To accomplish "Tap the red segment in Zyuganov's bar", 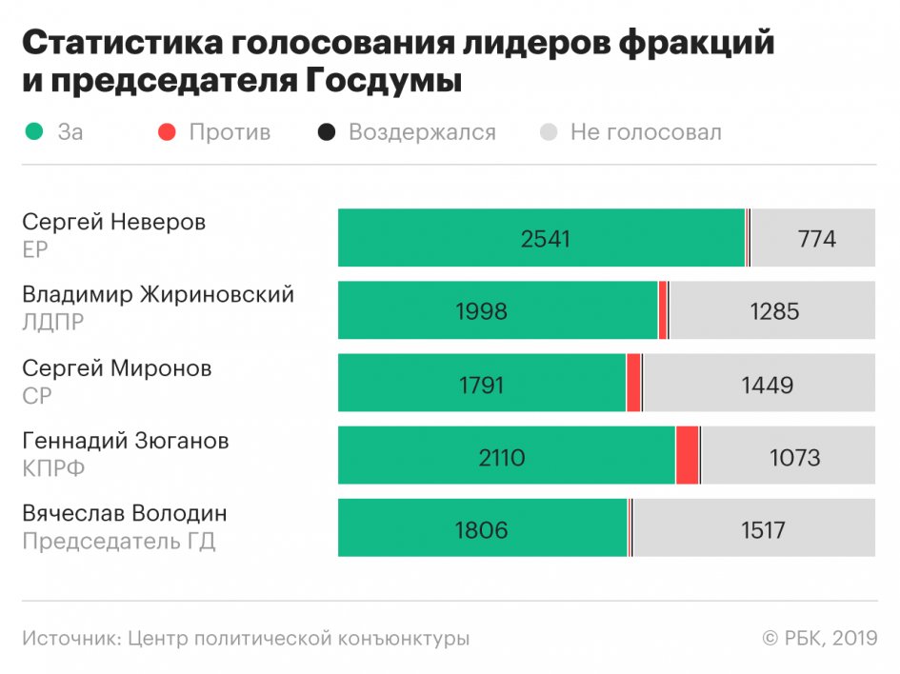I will tap(687, 456).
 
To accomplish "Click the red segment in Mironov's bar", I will tap(633, 383).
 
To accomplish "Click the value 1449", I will tap(767, 385).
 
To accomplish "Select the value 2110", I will tap(502, 458).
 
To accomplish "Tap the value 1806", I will tap(482, 530).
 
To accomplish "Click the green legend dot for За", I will tap(34, 132).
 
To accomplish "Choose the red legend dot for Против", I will tap(168, 132).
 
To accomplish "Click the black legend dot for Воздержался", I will tap(327, 132).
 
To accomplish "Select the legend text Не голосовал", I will tap(646, 132).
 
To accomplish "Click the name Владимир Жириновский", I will tap(158, 294).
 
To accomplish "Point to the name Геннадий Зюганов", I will tap(126, 441).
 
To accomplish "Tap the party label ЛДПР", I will tap(53, 323).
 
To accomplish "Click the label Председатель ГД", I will tap(119, 542).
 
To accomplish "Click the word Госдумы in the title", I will tap(384, 81).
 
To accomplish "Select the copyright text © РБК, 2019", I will tap(819, 639).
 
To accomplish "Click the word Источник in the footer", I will tap(70, 639).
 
